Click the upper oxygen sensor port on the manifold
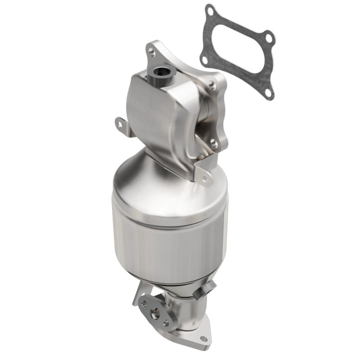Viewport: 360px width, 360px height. pyautogui.click(x=162, y=71)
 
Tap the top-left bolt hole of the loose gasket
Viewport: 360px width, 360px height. pyautogui.click(x=210, y=12)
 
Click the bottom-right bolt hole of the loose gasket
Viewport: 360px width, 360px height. pyautogui.click(x=268, y=93)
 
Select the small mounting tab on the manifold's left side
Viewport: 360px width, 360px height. pyautogui.click(x=119, y=121)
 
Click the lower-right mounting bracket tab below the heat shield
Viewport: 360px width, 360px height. pyautogui.click(x=205, y=179)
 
